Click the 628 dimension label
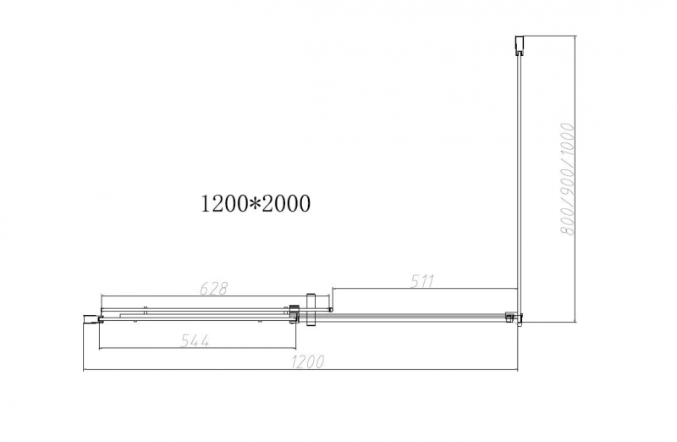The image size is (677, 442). [212, 287]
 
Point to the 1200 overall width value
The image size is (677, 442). [307, 362]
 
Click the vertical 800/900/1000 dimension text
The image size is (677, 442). [569, 179]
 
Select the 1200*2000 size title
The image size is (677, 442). [255, 203]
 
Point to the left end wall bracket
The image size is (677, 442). [90, 318]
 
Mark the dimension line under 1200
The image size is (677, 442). [300, 371]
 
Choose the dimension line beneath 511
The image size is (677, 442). [423, 290]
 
